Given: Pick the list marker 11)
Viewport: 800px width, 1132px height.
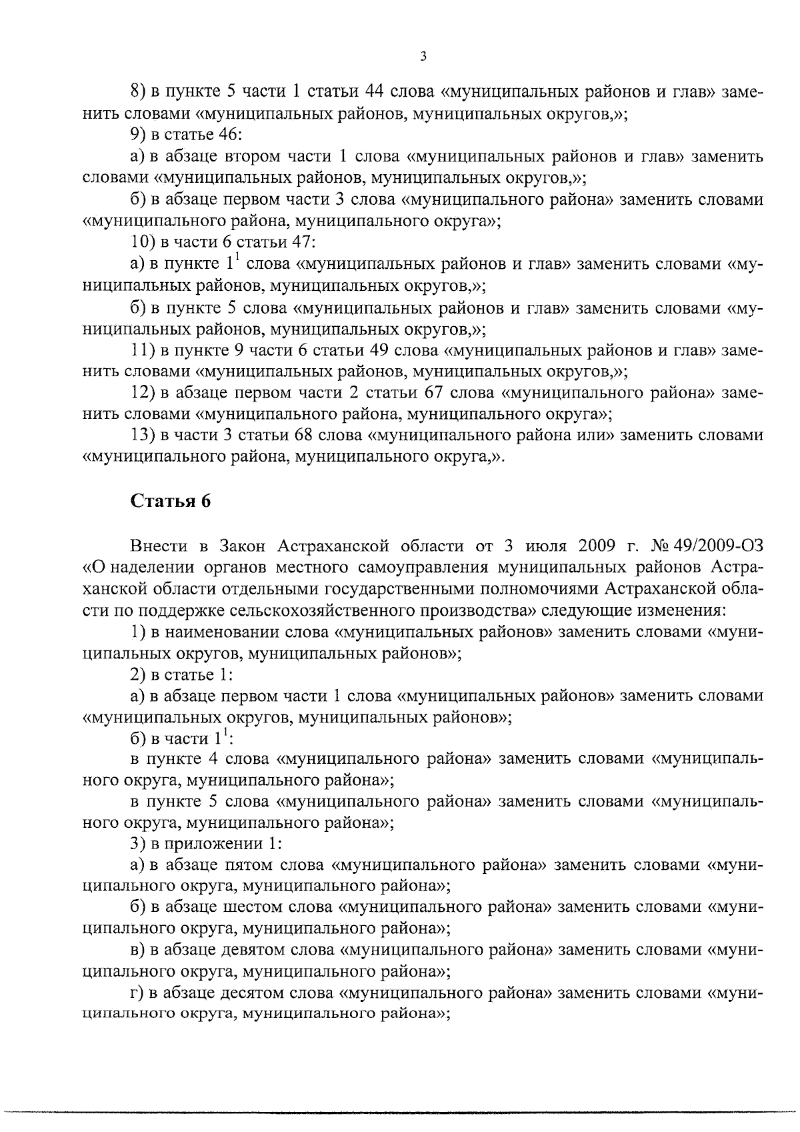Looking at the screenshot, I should tap(143, 350).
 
